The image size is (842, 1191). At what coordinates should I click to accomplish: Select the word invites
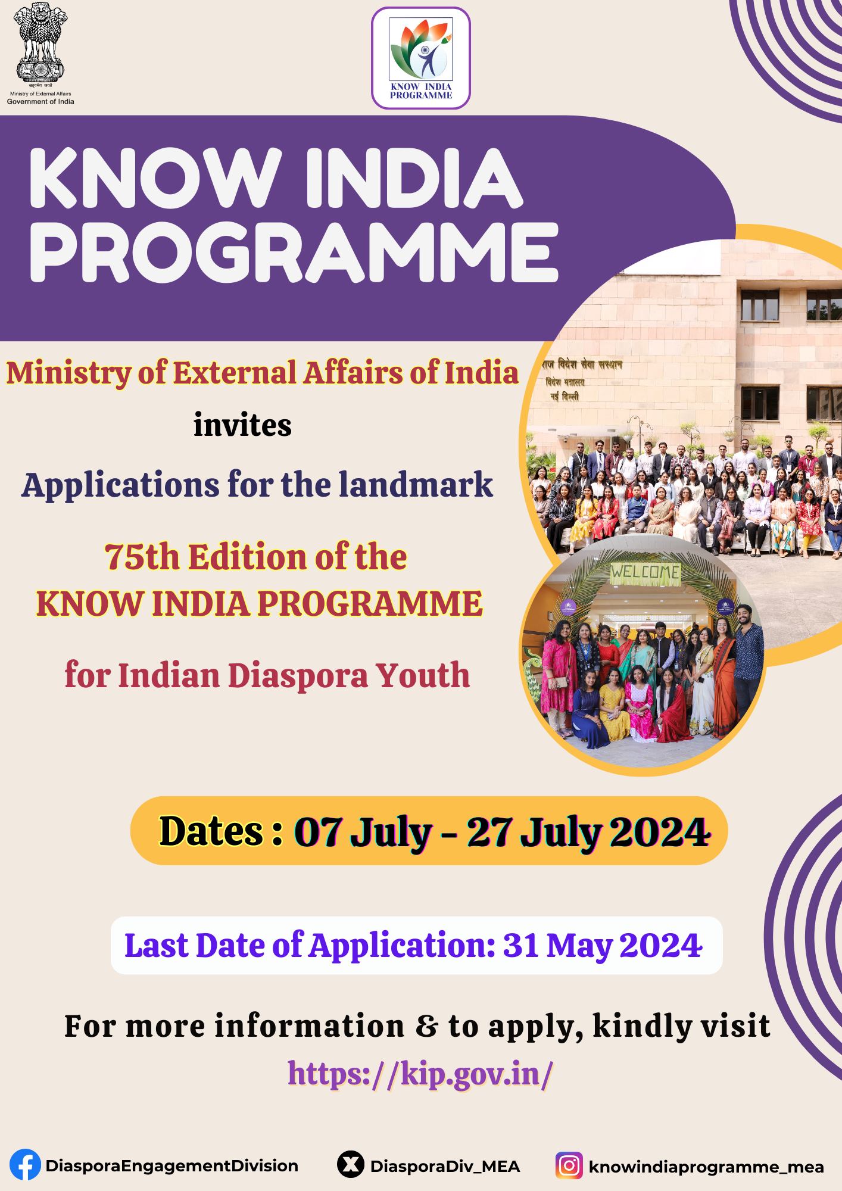(x=242, y=425)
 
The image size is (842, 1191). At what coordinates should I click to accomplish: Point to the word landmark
(x=416, y=485)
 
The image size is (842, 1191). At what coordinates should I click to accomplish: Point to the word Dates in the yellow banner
(x=211, y=831)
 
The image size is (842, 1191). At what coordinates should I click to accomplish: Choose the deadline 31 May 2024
(x=602, y=944)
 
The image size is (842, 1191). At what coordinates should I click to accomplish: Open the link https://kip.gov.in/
(x=420, y=1072)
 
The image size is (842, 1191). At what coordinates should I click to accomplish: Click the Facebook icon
(x=26, y=1165)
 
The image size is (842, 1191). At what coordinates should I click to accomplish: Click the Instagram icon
(x=569, y=1165)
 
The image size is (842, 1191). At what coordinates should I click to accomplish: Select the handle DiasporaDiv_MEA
(x=445, y=1166)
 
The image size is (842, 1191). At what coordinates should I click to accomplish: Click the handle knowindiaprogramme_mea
(x=706, y=1166)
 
